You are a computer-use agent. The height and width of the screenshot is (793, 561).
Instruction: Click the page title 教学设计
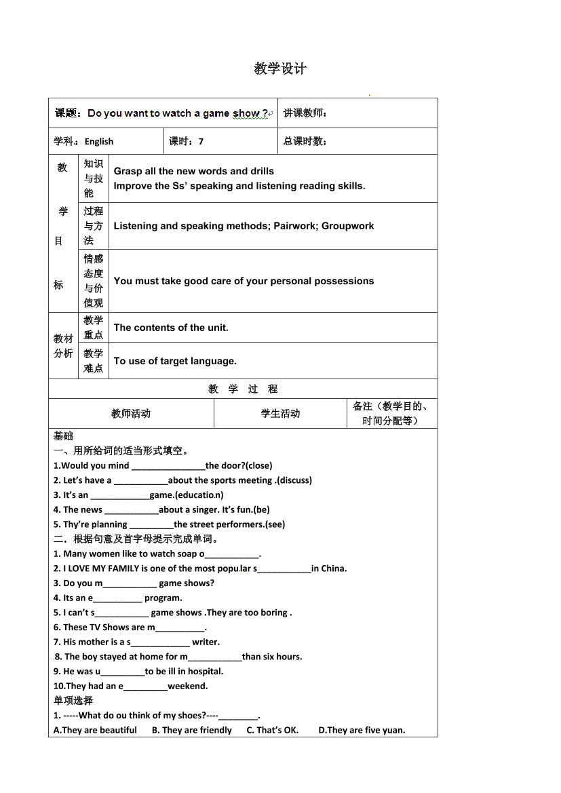click(x=280, y=69)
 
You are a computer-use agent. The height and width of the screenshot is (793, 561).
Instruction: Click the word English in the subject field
click(x=99, y=142)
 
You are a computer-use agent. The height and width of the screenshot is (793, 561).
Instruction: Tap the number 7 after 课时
click(x=201, y=142)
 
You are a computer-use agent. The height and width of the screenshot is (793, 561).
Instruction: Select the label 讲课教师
click(x=305, y=113)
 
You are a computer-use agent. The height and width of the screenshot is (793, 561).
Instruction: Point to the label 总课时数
click(x=305, y=142)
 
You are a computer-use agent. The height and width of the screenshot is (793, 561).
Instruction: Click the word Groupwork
click(x=347, y=226)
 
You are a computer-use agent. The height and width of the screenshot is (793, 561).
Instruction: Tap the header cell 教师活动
click(x=131, y=414)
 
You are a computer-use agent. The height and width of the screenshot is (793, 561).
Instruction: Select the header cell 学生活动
click(x=280, y=414)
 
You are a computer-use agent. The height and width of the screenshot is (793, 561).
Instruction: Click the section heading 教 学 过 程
click(x=243, y=389)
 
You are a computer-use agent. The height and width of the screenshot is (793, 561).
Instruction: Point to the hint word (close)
click(x=258, y=466)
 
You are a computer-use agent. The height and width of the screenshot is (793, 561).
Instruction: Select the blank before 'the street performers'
click(x=151, y=524)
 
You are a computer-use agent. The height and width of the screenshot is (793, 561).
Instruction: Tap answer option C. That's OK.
click(x=272, y=731)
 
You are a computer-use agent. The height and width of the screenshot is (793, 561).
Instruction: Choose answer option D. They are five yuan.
click(x=362, y=731)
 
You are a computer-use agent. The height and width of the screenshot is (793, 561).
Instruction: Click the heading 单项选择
click(x=73, y=701)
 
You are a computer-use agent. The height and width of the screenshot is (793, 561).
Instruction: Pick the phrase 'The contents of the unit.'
click(x=171, y=328)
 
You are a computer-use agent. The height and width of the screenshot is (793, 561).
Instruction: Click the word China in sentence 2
click(x=333, y=568)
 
